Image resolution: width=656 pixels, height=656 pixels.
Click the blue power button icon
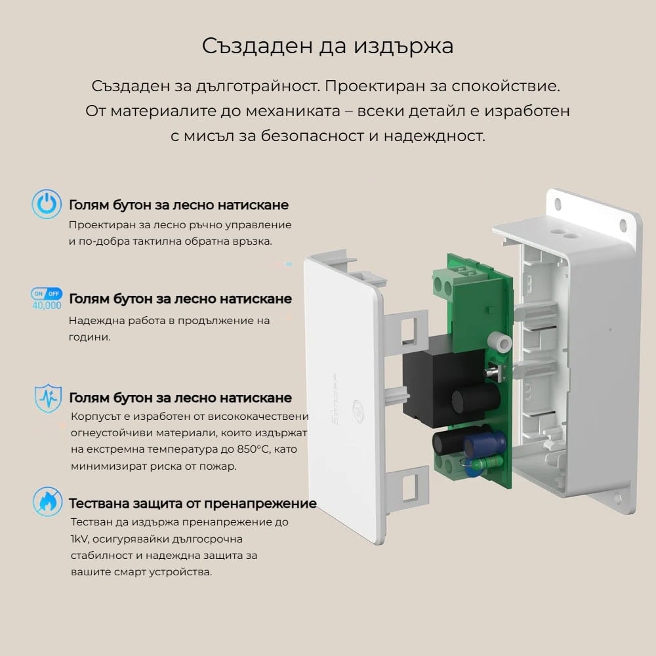tap(47, 204)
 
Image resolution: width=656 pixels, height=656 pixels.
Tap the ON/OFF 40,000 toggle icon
tap(47, 298)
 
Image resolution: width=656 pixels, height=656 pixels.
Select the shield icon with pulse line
tap(48, 398)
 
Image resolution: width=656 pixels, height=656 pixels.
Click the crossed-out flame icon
tap(47, 501)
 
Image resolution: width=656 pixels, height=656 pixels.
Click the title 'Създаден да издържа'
tap(327, 46)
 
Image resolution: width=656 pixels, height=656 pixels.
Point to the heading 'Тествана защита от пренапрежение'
tap(193, 503)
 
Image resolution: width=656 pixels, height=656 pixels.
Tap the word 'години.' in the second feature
tap(89, 337)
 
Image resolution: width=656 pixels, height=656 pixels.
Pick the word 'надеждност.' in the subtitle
tap(434, 136)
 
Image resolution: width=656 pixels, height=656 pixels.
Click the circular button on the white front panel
tap(359, 411)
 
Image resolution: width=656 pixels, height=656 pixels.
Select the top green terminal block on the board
tap(452, 279)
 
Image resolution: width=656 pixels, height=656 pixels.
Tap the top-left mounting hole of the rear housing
tap(558, 204)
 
